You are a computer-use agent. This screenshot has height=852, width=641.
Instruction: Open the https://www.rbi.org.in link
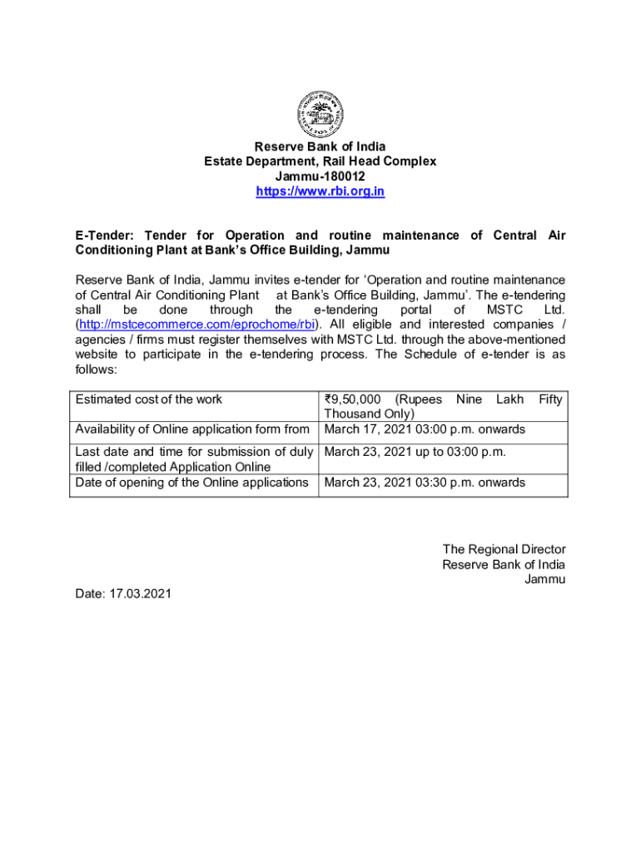pos(320,192)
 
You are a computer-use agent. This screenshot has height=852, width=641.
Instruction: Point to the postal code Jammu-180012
pos(320,177)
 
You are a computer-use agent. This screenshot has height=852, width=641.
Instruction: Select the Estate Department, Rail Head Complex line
pos(320,162)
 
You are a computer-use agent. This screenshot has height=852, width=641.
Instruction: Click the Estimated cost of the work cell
pos(149,399)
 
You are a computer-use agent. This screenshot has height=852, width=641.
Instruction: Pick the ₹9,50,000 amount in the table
pos(355,399)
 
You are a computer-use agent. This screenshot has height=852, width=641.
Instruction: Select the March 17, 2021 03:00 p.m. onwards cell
pos(425,429)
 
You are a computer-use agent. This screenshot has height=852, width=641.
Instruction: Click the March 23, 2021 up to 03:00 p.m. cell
pos(415,452)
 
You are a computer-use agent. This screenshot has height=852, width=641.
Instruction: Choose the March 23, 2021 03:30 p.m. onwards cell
pos(425,483)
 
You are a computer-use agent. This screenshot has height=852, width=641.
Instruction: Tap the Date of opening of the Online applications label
pos(191,483)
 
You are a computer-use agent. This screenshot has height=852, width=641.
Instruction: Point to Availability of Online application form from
pos(192,429)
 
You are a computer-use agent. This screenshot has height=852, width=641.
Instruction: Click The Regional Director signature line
pos(504,549)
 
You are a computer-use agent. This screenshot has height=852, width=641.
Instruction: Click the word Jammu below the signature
pos(544,579)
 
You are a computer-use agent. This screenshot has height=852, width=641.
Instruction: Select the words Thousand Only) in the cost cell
pos(369,414)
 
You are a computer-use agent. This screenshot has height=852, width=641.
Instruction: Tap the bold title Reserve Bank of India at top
pos(320,147)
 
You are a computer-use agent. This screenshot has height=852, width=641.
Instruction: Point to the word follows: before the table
pos(97,369)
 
